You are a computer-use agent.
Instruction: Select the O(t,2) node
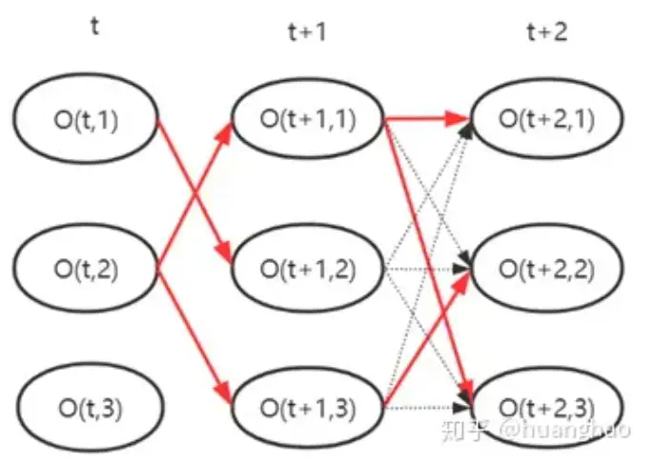(84, 270)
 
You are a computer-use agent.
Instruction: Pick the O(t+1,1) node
(307, 119)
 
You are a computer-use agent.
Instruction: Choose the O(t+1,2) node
(307, 270)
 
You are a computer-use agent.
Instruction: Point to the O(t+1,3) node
(307, 410)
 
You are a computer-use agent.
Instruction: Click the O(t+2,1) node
(546, 119)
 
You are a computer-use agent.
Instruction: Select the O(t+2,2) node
(546, 270)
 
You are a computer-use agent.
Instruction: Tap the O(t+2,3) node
(546, 410)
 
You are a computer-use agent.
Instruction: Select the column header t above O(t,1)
(93, 26)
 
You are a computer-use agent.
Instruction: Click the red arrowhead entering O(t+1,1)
(225, 133)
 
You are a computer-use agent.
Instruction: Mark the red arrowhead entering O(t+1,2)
(225, 255)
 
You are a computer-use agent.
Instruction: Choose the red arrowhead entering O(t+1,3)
(225, 396)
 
